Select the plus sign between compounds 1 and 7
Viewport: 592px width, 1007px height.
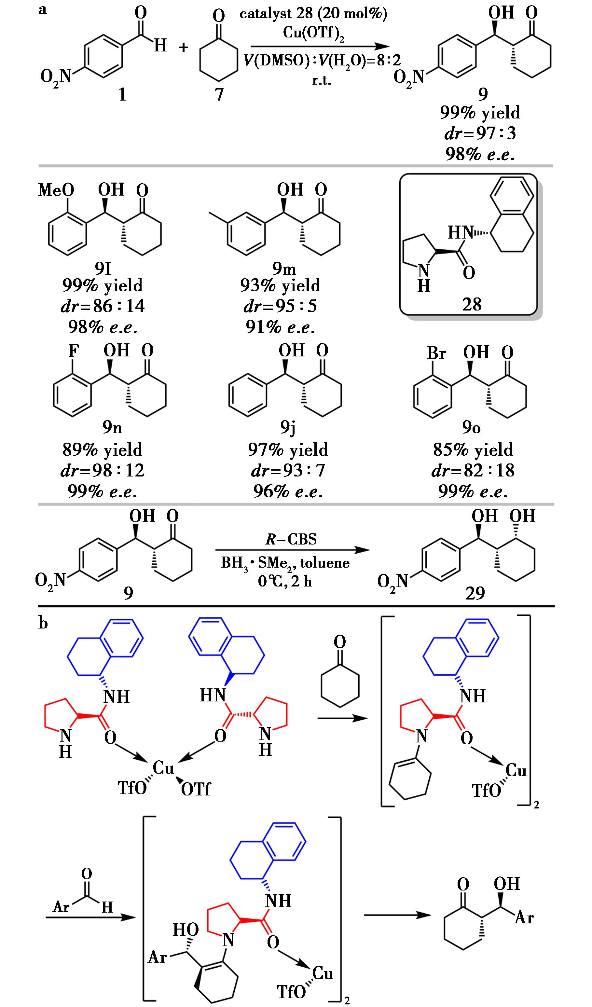point(183,48)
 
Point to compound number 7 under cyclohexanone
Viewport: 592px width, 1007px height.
point(219,94)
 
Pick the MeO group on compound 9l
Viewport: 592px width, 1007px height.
point(56,190)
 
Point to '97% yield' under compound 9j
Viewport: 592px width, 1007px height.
point(288,450)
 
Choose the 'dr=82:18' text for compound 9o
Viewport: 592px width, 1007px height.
point(473,470)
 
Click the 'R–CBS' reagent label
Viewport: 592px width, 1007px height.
point(291,539)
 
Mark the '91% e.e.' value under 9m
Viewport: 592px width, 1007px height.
point(281,327)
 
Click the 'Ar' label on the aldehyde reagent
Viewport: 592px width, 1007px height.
point(61,907)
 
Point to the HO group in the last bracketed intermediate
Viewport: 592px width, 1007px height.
point(186,930)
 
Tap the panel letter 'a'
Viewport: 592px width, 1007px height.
point(42,9)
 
